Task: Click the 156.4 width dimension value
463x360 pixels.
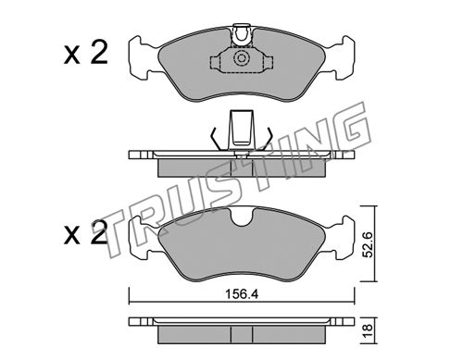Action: point(242,294)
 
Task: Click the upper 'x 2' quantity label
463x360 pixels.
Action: point(86,53)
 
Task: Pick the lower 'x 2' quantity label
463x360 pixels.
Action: point(86,232)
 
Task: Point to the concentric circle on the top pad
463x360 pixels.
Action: point(241,58)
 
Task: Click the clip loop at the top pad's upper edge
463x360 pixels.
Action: point(242,35)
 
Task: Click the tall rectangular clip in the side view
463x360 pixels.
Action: point(241,130)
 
